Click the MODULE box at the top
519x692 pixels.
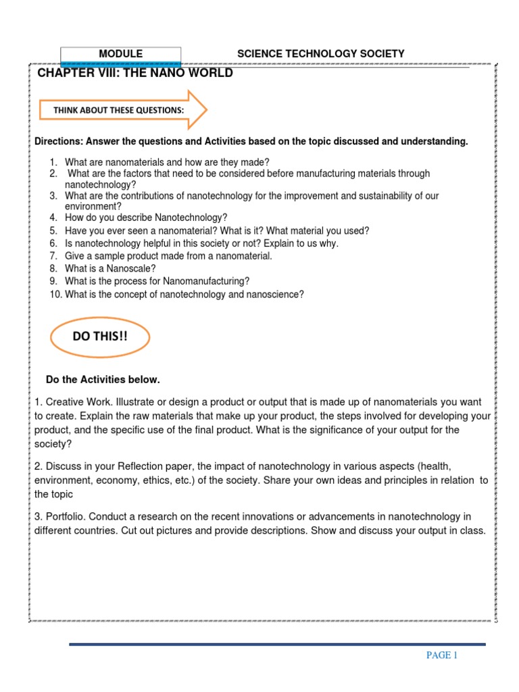(x=120, y=54)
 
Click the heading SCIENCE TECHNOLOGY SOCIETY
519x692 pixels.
(x=320, y=54)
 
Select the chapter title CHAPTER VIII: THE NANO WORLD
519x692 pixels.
(x=135, y=73)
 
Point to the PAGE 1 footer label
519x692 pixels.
(x=441, y=655)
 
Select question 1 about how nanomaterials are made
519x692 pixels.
(x=166, y=162)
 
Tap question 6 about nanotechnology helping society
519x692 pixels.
(x=201, y=243)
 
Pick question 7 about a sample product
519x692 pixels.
(x=168, y=256)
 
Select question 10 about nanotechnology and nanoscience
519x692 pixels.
(x=184, y=294)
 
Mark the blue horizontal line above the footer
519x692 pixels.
(x=277, y=644)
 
